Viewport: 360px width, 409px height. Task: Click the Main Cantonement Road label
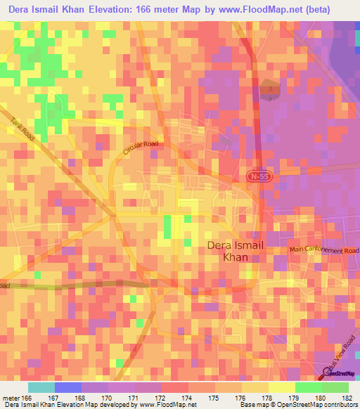324,250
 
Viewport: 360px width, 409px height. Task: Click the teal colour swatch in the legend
41,387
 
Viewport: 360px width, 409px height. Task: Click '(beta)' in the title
334,8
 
